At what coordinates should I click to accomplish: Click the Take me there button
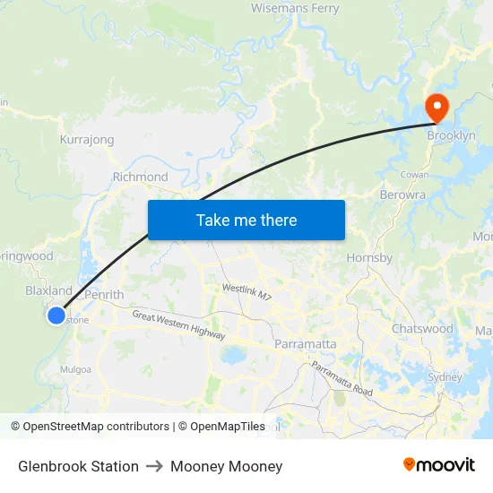[246, 220]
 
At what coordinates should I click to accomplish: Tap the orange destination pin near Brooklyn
[437, 108]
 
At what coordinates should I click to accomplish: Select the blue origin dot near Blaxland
[56, 316]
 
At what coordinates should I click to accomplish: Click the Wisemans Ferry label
[295, 9]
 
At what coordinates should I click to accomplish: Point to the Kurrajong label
[87, 140]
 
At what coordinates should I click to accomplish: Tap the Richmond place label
[140, 177]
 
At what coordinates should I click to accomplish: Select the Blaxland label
[48, 290]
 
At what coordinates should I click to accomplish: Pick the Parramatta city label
[306, 344]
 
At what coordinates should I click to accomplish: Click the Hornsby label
[369, 258]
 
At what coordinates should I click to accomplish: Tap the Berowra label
[402, 195]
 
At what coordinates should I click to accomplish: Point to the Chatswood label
[422, 329]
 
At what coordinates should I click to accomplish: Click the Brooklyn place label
[451, 136]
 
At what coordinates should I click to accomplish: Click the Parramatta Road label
[342, 378]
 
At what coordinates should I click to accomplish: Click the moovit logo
[439, 465]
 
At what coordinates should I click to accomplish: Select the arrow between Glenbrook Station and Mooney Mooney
[155, 466]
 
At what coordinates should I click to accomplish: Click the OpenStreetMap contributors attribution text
[96, 427]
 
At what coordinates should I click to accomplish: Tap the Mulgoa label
[74, 368]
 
